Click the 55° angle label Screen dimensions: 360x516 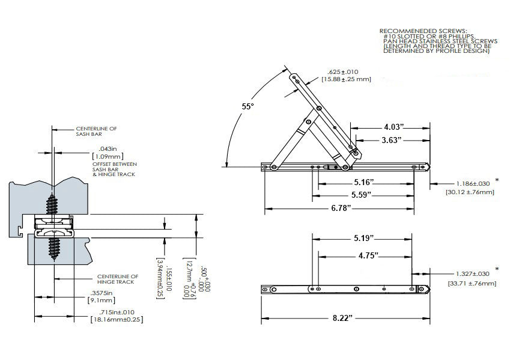click(248, 106)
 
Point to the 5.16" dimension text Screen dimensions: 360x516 click(364, 181)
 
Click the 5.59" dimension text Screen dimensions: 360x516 click(364, 195)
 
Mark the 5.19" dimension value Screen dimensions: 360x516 click(364, 238)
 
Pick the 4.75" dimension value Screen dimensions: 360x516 click(368, 255)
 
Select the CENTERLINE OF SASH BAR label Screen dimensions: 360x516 click(96, 131)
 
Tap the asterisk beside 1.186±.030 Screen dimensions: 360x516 click(497, 179)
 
